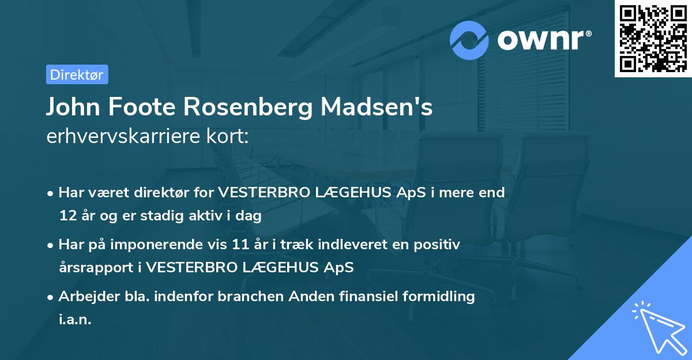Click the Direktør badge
tap(77, 74)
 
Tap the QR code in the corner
tap(653, 38)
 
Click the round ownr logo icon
tap(470, 40)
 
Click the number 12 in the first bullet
tap(67, 216)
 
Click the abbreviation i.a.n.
tap(75, 320)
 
